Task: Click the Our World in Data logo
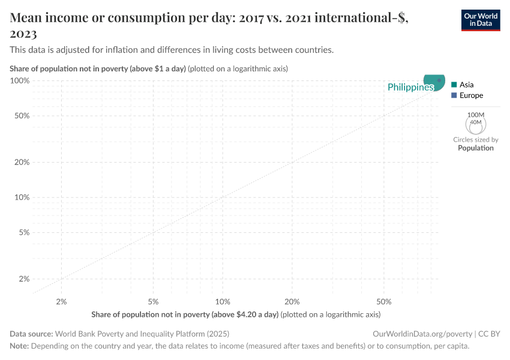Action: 480,20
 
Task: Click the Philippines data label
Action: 410,88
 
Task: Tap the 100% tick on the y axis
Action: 20,80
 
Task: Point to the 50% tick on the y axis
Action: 22,116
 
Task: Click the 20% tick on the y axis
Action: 22,162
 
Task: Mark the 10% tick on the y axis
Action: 22,197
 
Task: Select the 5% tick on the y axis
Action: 24,232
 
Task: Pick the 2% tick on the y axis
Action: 24,279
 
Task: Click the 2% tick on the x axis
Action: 61,301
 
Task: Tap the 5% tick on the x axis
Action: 153,301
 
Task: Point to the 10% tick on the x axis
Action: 223,301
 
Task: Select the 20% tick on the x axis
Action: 292,301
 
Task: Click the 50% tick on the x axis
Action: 384,301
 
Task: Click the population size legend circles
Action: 475,123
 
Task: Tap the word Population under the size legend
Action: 475,148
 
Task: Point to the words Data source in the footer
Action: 31,334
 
